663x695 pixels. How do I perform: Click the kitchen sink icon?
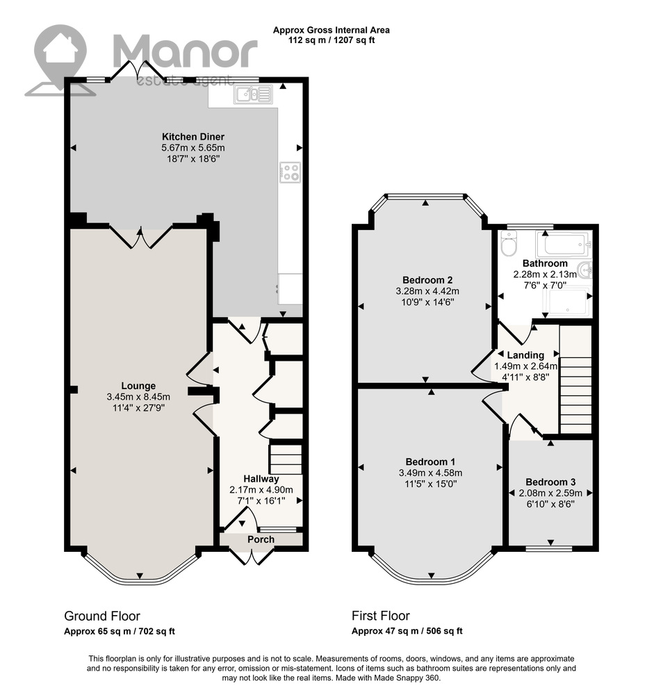(253, 94)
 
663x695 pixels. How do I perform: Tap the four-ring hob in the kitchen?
(290, 172)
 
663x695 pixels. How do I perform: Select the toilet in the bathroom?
(508, 244)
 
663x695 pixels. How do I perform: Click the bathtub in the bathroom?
(564, 245)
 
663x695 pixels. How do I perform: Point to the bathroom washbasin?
(585, 270)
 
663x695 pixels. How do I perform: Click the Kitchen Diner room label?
(193, 136)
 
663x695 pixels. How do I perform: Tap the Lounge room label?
(138, 386)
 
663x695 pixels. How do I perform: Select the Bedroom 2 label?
(427, 279)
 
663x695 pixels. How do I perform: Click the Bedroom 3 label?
(550, 482)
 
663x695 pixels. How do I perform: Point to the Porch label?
(261, 539)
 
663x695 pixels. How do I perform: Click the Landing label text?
(525, 355)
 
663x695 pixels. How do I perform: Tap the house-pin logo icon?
(60, 60)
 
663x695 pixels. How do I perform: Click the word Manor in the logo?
(186, 52)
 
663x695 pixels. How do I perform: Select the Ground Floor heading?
(102, 616)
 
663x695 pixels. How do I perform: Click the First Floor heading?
(381, 616)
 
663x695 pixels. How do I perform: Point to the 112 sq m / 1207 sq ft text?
(331, 40)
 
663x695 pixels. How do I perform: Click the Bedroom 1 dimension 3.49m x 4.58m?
(430, 473)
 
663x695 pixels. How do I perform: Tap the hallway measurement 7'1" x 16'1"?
(261, 501)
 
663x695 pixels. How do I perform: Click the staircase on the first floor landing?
(575, 379)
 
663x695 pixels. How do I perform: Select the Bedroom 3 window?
(549, 549)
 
